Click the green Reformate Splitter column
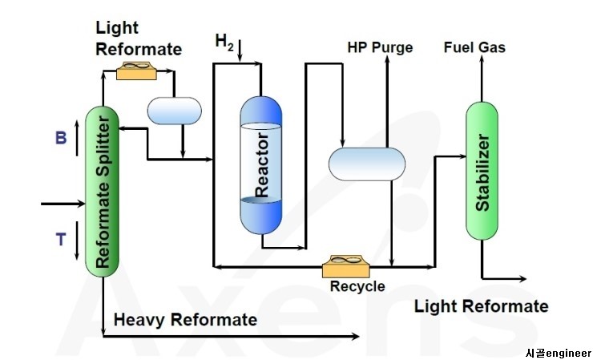pos(102,191)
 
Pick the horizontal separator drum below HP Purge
pos(367,163)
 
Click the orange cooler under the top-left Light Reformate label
pos(136,71)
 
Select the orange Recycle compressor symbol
pos(345,265)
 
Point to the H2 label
pos(224,40)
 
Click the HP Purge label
pos(380,47)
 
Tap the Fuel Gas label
pos(474,47)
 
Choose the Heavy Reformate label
pos(185,320)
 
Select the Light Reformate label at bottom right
pos(481,306)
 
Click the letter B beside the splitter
pos(60,138)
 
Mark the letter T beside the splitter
pos(60,240)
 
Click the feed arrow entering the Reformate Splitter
pos(64,204)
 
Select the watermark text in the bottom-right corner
pos(558,353)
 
